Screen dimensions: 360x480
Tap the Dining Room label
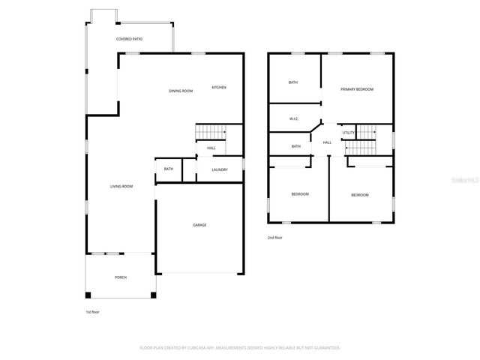181,91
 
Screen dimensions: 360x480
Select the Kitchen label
219,87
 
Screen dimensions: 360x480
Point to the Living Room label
121,186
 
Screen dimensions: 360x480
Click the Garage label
199,225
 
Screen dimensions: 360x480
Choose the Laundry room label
220,169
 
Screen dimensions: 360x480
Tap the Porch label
121,277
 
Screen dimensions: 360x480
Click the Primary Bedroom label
357,89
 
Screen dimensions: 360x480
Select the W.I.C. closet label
295,118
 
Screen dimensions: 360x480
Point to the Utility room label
348,133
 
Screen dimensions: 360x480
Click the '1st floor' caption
92,311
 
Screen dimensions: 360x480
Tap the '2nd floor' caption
276,238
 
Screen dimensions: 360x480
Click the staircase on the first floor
210,132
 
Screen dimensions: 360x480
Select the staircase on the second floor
366,133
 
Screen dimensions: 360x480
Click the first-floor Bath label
169,169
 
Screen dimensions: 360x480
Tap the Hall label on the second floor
327,142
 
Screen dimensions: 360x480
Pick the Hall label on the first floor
211,148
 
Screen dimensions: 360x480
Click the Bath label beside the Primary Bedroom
294,82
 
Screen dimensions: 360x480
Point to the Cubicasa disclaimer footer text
240,347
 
